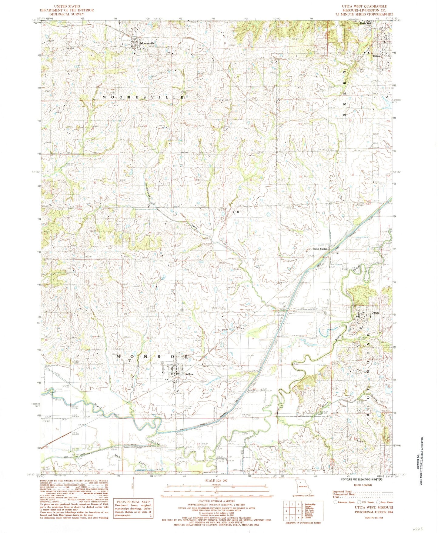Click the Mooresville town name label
point(147,43)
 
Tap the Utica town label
point(376,56)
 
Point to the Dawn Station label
point(320,249)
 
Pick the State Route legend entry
point(385,502)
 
